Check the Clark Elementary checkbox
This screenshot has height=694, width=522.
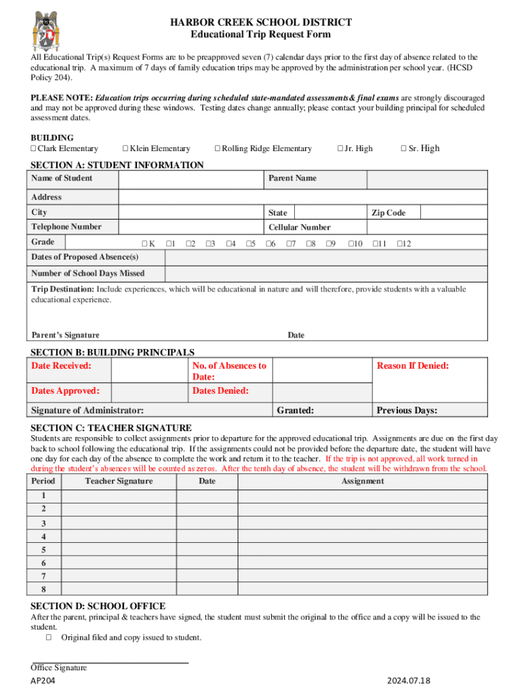click(33, 148)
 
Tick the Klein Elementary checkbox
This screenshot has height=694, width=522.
click(125, 148)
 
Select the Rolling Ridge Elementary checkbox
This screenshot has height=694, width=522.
click(218, 148)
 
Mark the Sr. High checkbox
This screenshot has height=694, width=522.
click(404, 148)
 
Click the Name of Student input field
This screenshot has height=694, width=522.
click(190, 179)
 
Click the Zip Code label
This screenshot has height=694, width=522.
click(388, 213)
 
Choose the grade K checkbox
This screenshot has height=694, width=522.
click(144, 243)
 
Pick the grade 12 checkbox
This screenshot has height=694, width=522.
click(399, 243)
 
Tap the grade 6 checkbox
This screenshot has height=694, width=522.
click(268, 243)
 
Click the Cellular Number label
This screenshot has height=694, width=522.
click(300, 227)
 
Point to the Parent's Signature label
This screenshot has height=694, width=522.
click(65, 335)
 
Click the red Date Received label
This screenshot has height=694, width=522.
click(61, 366)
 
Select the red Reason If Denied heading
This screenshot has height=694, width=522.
click(413, 366)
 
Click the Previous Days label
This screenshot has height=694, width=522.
click(407, 410)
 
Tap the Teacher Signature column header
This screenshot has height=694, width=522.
click(119, 481)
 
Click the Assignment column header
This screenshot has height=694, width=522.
click(363, 481)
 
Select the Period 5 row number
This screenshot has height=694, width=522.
click(43, 550)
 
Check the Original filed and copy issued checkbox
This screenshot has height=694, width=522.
click(49, 637)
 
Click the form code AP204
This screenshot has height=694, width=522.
click(43, 681)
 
